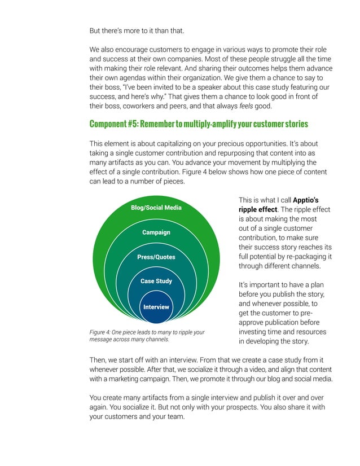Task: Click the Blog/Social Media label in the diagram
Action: tap(156, 208)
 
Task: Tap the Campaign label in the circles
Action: tap(156, 232)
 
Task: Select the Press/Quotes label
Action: tap(156, 257)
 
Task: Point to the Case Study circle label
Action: tap(156, 281)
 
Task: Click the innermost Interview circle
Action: tap(156, 307)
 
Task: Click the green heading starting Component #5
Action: tap(199, 124)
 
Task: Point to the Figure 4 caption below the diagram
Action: tap(147, 336)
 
